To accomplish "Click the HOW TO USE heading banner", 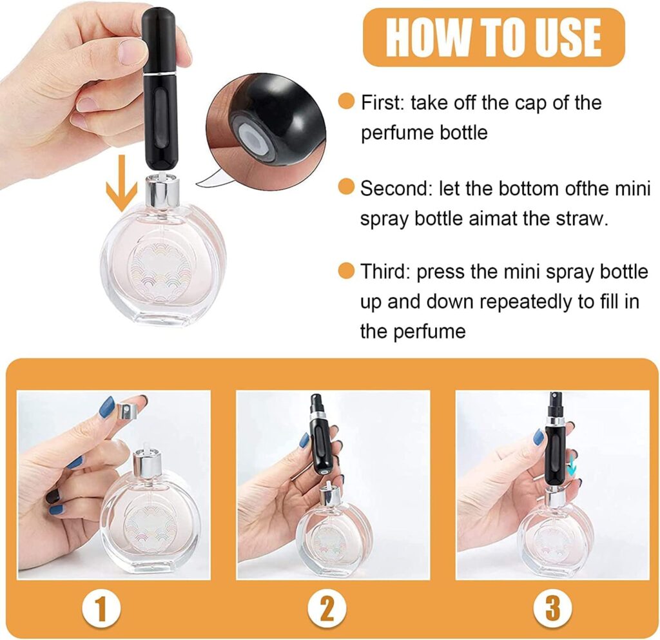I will click(x=494, y=37).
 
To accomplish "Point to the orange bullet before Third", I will click(x=347, y=271).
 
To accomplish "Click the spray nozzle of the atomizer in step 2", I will click(x=316, y=402).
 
